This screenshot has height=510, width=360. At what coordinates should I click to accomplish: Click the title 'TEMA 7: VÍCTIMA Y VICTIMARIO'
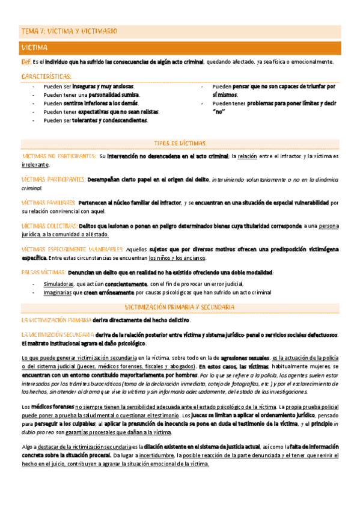point(69,31)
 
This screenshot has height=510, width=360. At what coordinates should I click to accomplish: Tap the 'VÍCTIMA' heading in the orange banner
point(35,47)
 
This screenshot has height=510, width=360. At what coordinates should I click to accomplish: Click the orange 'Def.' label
point(26,62)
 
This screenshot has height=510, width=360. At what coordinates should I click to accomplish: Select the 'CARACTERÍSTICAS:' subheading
point(46,76)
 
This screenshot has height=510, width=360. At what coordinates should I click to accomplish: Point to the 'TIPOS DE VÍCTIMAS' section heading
point(180,144)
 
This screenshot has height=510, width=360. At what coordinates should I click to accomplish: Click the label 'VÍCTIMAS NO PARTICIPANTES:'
point(58,156)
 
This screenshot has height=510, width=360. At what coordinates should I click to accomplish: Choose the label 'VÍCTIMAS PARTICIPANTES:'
point(53,179)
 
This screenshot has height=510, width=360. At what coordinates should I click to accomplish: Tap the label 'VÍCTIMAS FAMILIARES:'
point(49,203)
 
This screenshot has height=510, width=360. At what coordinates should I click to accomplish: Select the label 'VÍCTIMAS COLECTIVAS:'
point(48,226)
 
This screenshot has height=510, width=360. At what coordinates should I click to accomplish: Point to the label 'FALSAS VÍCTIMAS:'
point(43,272)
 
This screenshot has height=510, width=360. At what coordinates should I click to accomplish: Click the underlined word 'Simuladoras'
point(59,284)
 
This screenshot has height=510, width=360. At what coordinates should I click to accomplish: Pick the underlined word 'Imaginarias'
point(58,292)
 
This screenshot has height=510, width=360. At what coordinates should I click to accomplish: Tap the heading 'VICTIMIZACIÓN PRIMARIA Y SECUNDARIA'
point(180,307)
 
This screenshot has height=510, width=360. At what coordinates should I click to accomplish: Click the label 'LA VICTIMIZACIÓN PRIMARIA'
point(56,320)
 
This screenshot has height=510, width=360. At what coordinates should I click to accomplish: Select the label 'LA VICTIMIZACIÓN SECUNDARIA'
point(57,334)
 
